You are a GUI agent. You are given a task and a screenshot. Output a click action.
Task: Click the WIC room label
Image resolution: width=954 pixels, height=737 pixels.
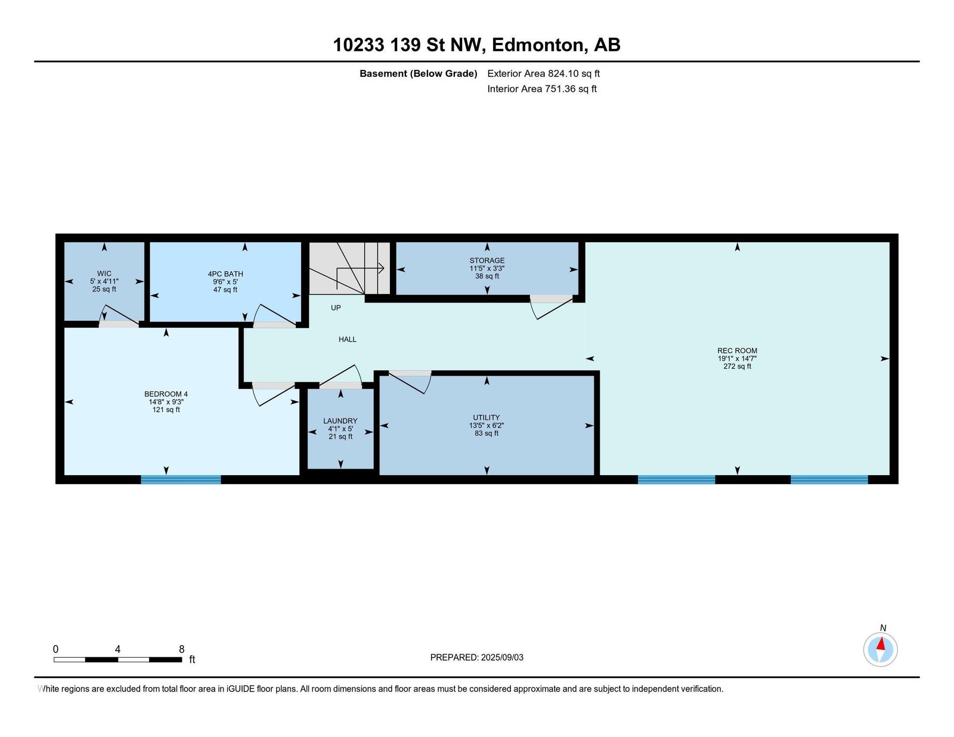coord(104,274)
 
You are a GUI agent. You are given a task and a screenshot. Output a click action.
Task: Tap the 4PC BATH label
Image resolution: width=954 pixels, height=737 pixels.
coord(225,274)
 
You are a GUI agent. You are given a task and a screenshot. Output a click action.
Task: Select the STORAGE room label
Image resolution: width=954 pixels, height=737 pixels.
coord(487,261)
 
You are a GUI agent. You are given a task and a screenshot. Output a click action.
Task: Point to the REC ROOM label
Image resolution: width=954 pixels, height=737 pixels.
coord(737,351)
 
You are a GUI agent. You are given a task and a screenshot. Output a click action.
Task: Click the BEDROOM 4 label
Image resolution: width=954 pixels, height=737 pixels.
coord(166,394)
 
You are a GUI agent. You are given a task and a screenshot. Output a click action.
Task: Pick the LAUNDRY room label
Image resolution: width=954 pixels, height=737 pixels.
coord(340,421)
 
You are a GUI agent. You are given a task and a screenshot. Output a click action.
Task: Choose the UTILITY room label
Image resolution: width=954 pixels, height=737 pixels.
coord(487,417)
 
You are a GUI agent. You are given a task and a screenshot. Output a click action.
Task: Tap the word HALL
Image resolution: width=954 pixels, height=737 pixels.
coord(347,339)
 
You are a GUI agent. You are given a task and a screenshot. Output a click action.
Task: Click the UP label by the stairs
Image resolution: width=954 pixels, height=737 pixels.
coord(336,308)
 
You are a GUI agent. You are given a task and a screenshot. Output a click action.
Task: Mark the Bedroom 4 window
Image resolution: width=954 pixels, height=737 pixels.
coord(181,480)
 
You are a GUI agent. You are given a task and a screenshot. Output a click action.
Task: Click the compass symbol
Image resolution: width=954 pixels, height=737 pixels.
coord(880,650)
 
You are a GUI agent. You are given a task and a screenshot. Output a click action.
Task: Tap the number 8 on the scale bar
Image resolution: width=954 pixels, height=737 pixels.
coord(182,649)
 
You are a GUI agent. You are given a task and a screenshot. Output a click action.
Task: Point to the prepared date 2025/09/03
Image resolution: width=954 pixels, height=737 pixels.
coord(502,658)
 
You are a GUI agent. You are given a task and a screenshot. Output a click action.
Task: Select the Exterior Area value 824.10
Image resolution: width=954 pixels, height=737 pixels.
coord(562,73)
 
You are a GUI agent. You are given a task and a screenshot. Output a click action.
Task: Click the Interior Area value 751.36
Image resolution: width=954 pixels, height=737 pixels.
coord(559,89)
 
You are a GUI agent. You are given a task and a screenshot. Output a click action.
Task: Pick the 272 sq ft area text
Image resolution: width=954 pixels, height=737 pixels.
coord(737,366)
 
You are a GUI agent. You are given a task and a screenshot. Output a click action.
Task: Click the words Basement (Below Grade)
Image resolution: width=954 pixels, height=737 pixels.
coord(419,74)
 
